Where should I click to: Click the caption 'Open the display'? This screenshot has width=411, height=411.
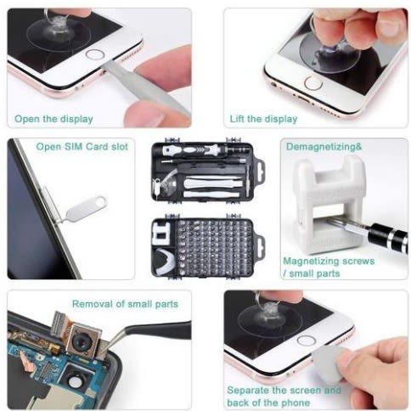tap(53, 119)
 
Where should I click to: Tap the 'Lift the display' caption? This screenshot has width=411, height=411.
tap(263, 119)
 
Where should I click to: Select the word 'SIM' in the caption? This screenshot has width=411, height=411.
tap(74, 147)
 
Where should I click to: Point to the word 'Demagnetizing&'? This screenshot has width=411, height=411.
tap(324, 147)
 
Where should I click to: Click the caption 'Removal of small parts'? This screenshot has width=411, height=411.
tap(125, 304)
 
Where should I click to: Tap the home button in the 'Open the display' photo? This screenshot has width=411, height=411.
tap(95, 54)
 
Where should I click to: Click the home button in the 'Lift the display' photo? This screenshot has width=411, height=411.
tap(313, 83)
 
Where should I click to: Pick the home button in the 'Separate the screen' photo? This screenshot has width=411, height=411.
tap(307, 341)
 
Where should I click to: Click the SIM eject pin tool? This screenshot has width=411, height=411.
tap(82, 210)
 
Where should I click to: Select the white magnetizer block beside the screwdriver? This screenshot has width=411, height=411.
tap(329, 204)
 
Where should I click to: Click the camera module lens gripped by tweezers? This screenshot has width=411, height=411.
tap(80, 343)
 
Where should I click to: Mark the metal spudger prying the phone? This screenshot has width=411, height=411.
tap(147, 87)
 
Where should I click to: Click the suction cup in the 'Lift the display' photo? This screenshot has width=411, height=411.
tap(330, 53)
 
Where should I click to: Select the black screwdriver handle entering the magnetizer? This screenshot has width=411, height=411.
tap(389, 237)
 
